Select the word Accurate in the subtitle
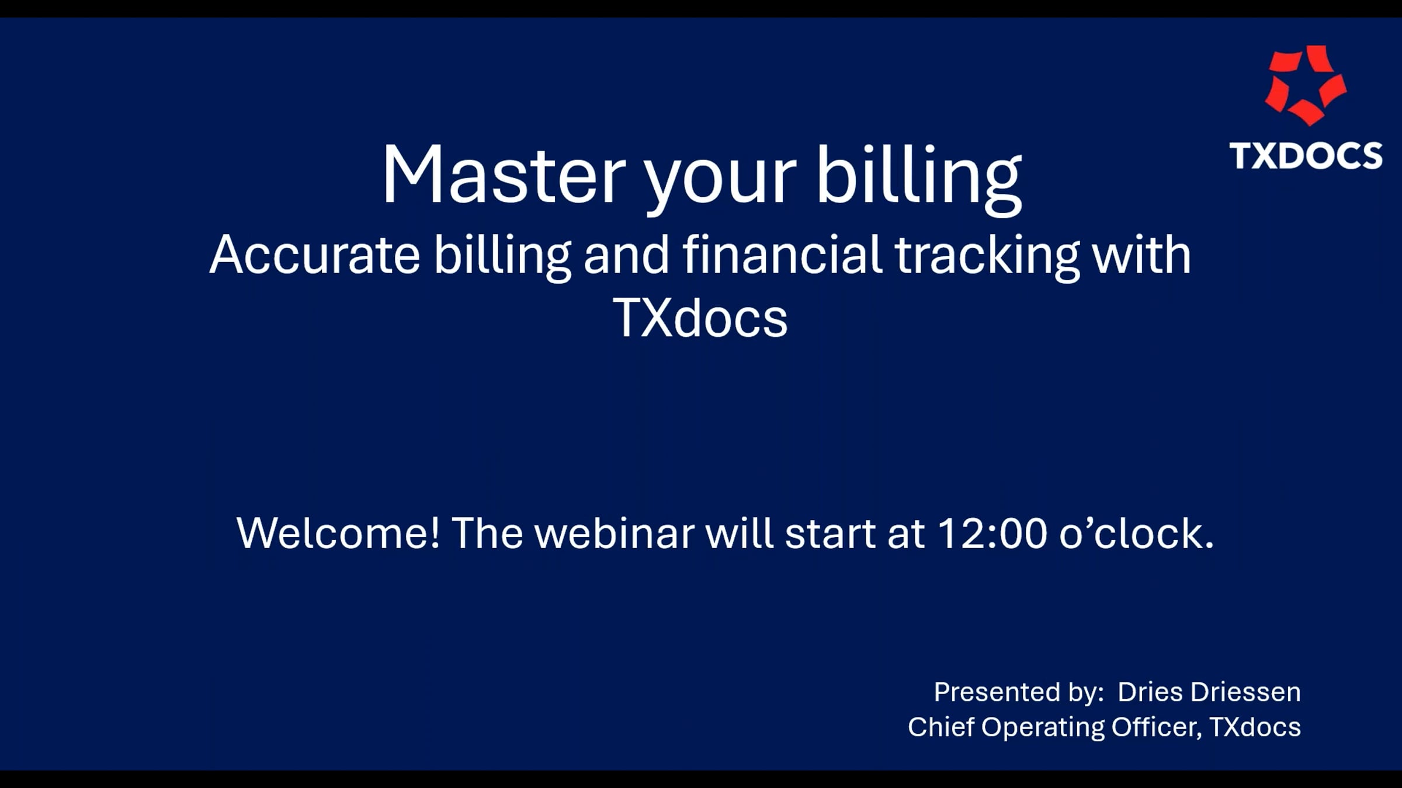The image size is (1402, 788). coord(314,255)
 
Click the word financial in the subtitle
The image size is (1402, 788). coord(782,255)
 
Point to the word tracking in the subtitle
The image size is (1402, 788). coord(987,255)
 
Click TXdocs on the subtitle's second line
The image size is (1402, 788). coord(700,319)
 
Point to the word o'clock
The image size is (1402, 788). coord(1136,533)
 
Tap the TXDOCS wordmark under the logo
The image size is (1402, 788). coord(1306,156)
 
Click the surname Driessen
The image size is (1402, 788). coord(1245,692)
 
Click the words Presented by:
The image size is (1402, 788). coord(1018,692)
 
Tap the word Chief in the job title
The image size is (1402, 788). coord(941,727)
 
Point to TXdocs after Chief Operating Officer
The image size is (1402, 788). coord(1255,727)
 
